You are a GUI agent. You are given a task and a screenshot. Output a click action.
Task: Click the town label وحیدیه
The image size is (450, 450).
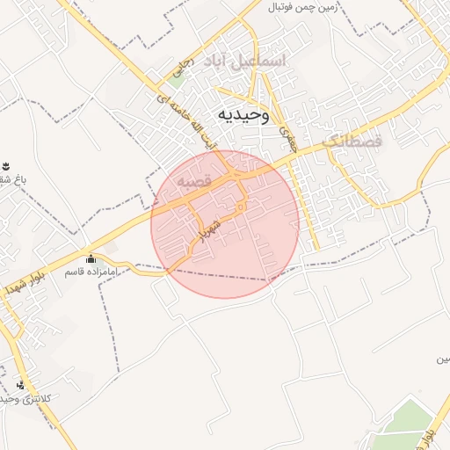(242, 116)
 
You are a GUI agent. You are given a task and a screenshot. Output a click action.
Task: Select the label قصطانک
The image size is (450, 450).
(352, 141)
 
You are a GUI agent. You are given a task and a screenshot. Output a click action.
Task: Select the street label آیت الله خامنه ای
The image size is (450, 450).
(185, 120)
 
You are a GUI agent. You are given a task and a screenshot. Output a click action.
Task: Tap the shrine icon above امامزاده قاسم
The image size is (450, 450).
(91, 258)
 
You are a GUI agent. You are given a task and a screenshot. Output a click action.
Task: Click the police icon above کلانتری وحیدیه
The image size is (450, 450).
(21, 384)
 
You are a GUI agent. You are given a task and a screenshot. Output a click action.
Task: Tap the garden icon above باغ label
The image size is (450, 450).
(6, 166)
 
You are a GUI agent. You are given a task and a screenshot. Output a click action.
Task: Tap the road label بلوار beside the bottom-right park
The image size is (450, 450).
(428, 431)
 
